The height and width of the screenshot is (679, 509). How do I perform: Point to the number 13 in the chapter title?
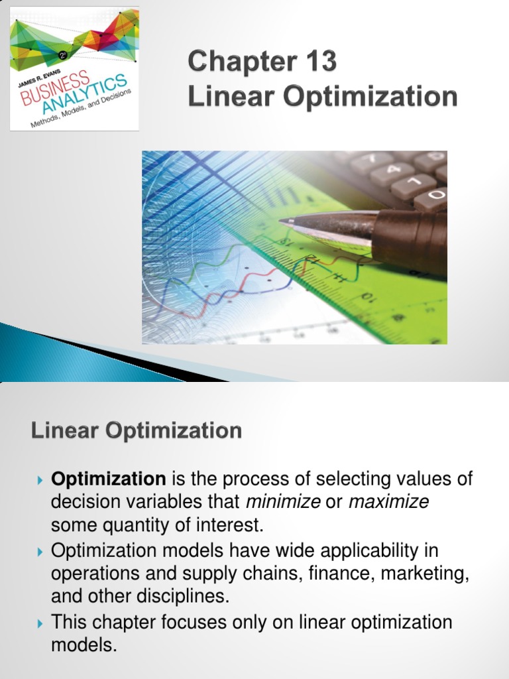point(319,62)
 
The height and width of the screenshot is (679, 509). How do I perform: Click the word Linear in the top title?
point(225,97)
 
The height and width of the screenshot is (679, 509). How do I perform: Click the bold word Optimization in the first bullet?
point(109,479)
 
